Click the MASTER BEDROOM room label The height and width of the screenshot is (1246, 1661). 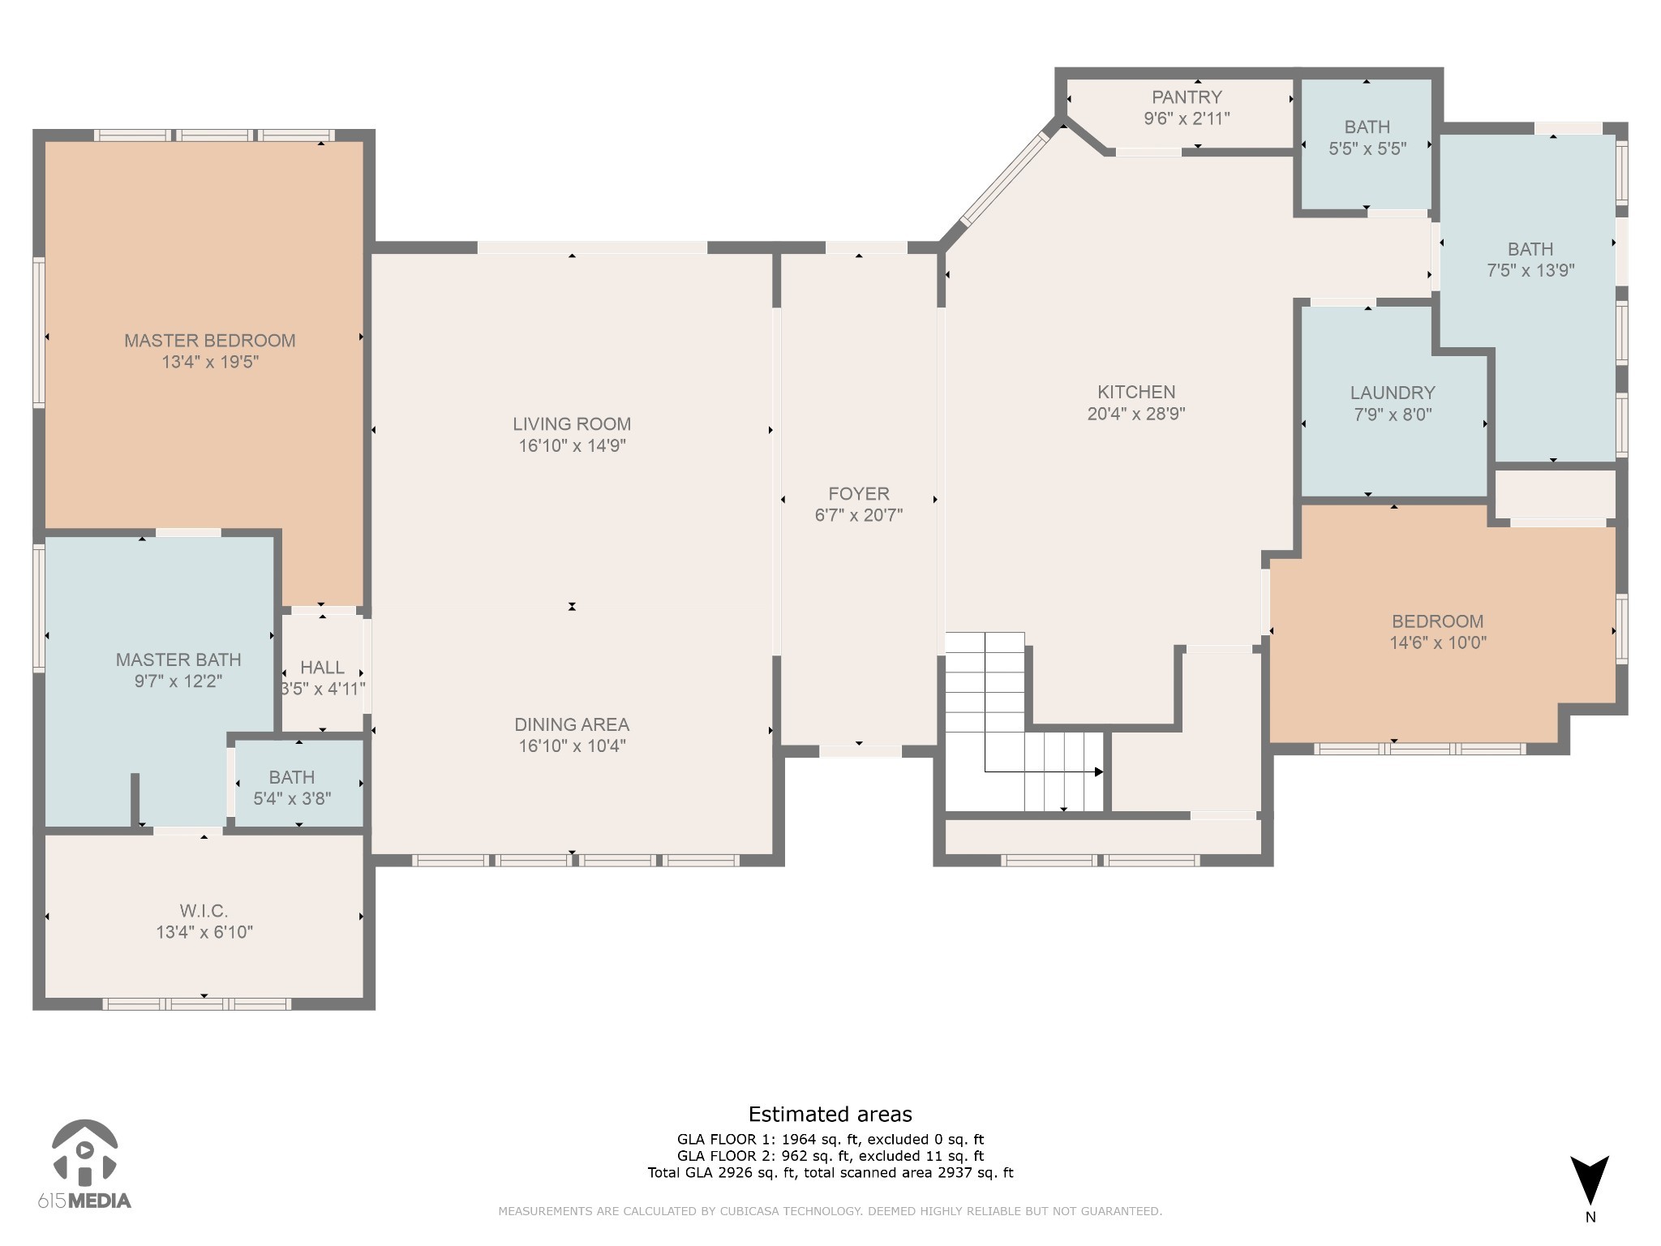209,341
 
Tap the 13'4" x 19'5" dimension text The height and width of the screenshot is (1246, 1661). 209,362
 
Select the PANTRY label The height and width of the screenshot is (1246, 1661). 1187,97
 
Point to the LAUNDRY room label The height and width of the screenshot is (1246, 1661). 1393,393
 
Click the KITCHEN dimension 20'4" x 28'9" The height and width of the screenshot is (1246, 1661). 1136,414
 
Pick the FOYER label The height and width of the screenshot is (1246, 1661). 859,493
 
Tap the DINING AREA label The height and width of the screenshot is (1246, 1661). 572,724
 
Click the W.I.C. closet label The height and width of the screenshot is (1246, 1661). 204,911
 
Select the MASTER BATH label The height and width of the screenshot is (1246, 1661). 178,660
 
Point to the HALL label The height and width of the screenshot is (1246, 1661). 322,668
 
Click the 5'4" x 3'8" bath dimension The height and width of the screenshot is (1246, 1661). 292,799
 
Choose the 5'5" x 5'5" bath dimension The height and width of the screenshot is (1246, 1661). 1367,148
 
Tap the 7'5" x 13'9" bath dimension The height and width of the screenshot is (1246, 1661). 1530,270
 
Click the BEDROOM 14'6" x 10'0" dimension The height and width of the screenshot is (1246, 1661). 1438,643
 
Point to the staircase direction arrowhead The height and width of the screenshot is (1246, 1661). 1099,771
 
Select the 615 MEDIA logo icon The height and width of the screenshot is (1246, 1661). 84,1151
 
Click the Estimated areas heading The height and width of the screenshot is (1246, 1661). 830,1115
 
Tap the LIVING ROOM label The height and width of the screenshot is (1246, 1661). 572,423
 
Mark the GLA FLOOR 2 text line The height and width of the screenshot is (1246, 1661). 830,1156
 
